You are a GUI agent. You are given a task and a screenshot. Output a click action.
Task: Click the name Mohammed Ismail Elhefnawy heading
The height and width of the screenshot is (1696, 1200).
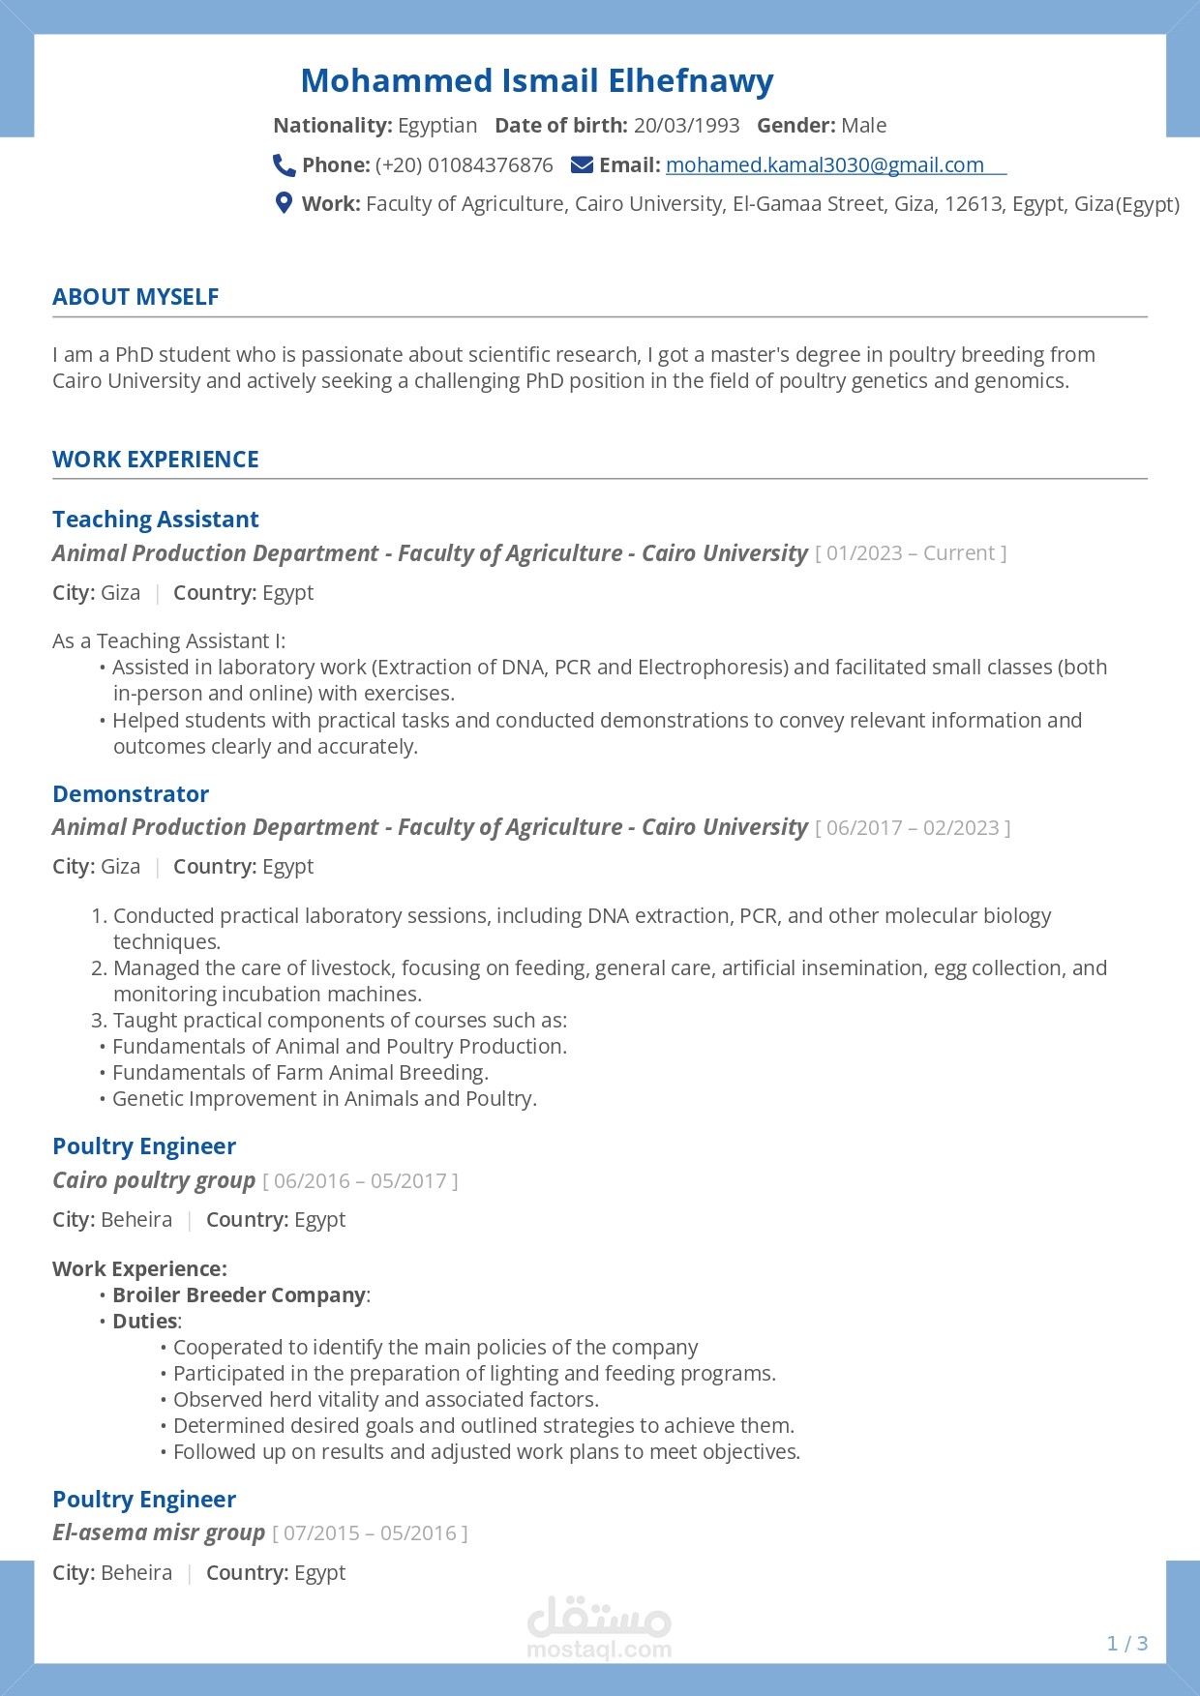pyautogui.click(x=537, y=81)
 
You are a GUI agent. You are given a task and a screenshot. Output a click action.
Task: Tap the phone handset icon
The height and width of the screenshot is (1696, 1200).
pyautogui.click(x=284, y=165)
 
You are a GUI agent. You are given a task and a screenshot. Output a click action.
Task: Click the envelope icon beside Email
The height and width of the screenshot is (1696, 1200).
pyautogui.click(x=582, y=165)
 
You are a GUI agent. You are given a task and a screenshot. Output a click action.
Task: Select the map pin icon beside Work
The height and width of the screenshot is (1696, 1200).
pyautogui.click(x=284, y=203)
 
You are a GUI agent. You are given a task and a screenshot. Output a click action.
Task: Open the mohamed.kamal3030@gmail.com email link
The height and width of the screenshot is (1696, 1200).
pyautogui.click(x=825, y=165)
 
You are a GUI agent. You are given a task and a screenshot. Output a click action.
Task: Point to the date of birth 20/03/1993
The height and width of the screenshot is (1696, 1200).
pyautogui.click(x=686, y=126)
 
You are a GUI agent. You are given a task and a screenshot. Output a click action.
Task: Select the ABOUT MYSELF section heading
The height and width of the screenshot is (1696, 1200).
pyautogui.click(x=135, y=297)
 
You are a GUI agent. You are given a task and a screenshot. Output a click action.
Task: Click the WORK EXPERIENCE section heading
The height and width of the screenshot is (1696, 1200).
pyautogui.click(x=156, y=460)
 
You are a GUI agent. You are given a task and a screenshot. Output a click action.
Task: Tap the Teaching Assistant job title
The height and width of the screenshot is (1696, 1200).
pyautogui.click(x=156, y=520)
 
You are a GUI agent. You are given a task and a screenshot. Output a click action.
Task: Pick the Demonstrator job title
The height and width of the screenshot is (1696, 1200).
pyautogui.click(x=131, y=794)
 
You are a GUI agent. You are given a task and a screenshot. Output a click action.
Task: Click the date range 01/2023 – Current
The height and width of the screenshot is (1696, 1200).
pyautogui.click(x=911, y=553)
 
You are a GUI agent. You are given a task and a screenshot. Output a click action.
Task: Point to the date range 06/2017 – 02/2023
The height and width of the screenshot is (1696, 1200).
pyautogui.click(x=913, y=828)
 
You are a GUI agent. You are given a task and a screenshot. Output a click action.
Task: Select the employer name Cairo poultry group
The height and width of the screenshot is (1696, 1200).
pyautogui.click(x=154, y=1180)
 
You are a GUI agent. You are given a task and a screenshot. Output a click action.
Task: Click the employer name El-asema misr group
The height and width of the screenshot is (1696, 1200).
pyautogui.click(x=159, y=1532)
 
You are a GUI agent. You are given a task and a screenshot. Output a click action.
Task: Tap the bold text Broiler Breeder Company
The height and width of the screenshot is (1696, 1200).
pyautogui.click(x=239, y=1295)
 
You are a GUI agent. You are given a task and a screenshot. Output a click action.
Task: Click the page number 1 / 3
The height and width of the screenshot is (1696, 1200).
pyautogui.click(x=1127, y=1644)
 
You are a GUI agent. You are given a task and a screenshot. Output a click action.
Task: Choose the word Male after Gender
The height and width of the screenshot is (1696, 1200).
pyautogui.click(x=863, y=126)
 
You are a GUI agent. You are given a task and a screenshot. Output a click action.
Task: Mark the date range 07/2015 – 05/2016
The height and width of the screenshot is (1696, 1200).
pyautogui.click(x=370, y=1533)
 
